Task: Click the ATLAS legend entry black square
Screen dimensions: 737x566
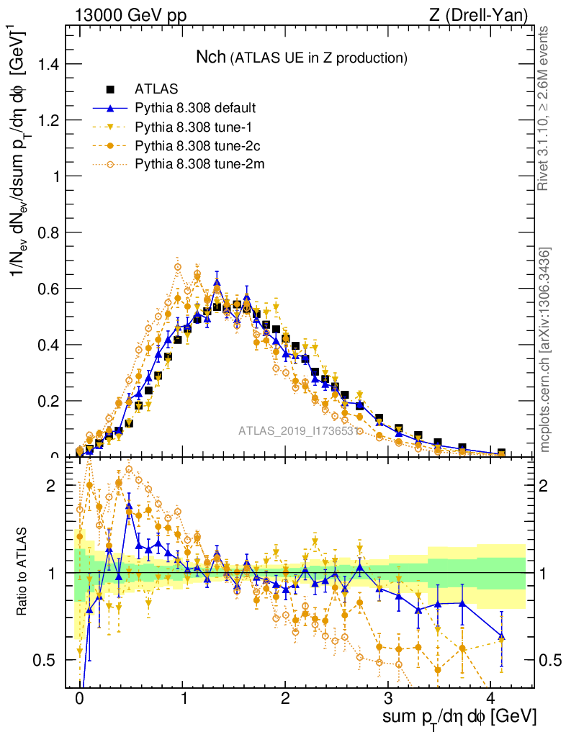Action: pyautogui.click(x=110, y=90)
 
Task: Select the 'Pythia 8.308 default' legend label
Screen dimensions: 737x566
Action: pyautogui.click(x=195, y=109)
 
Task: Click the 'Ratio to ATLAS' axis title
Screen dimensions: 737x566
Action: pyautogui.click(x=22, y=573)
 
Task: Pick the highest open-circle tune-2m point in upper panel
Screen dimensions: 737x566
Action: pyautogui.click(x=177, y=268)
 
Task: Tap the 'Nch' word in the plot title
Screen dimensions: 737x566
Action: pyautogui.click(x=211, y=58)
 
